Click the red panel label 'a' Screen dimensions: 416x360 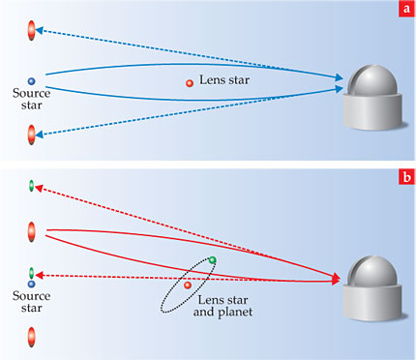coord(407,9)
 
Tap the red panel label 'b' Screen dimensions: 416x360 coord(407,177)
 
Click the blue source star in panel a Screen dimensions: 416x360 coord(31,81)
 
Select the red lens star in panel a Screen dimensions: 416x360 coord(190,83)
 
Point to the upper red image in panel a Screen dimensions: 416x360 coord(31,30)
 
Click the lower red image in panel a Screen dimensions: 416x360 coord(31,135)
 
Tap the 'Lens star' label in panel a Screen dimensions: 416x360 coord(224,79)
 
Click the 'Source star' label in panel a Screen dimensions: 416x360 coord(32,99)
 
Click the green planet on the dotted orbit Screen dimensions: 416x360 coord(212,259)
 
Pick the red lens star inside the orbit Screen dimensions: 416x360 coord(188,285)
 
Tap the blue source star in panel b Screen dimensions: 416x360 coord(31,285)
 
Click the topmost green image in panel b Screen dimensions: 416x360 coord(31,186)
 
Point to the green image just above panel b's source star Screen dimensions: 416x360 coord(31,273)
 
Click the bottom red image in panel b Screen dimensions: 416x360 coord(31,337)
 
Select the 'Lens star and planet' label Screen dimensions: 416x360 coord(223,306)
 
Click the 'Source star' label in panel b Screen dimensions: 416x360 coord(32,302)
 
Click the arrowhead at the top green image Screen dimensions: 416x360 coord(39,188)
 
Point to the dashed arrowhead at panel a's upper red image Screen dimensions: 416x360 coord(40,30)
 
